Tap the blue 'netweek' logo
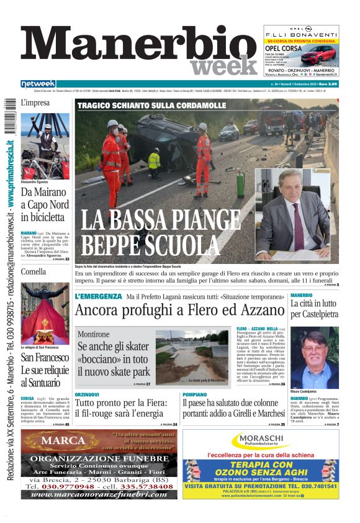pos(38,83)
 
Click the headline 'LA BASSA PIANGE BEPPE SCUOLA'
pos(160,230)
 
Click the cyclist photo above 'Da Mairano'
pos(45,147)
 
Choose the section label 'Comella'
pos(34,271)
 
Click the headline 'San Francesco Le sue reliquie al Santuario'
pos(45,372)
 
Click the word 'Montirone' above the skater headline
pos(94,334)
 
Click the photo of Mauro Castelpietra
pos(313,357)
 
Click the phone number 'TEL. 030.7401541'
pos(308,486)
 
